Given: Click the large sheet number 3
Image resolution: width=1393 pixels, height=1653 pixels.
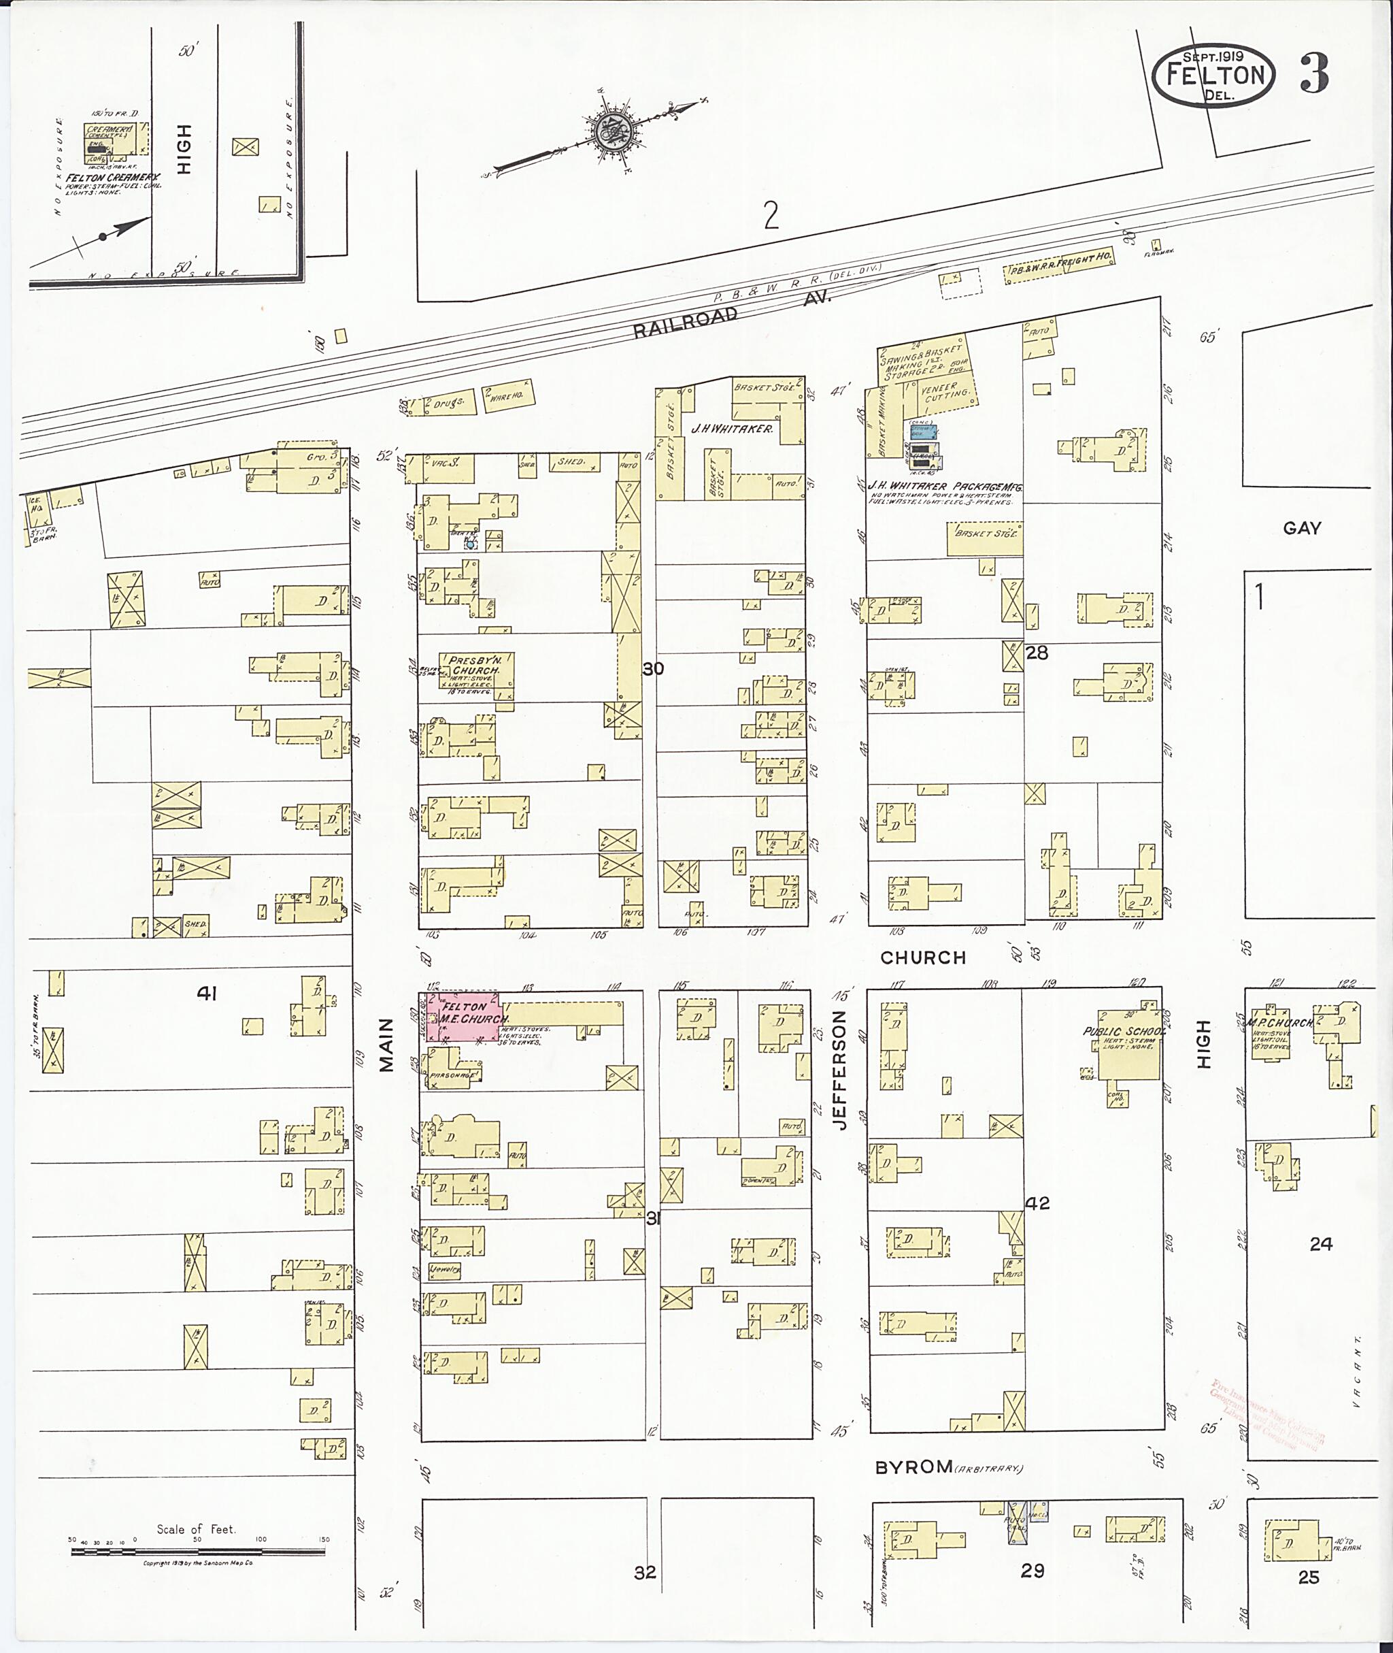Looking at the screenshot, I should (x=1313, y=74).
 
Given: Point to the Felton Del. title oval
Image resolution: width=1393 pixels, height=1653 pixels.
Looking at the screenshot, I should (x=1213, y=76).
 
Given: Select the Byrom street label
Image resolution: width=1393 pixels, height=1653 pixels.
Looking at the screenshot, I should (x=913, y=1467).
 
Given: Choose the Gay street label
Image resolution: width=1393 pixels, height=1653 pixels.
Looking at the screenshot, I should (x=1301, y=529).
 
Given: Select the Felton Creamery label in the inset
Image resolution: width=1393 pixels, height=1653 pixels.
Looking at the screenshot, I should (x=113, y=178).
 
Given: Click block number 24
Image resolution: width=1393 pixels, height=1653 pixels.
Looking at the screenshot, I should (x=1320, y=1244).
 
